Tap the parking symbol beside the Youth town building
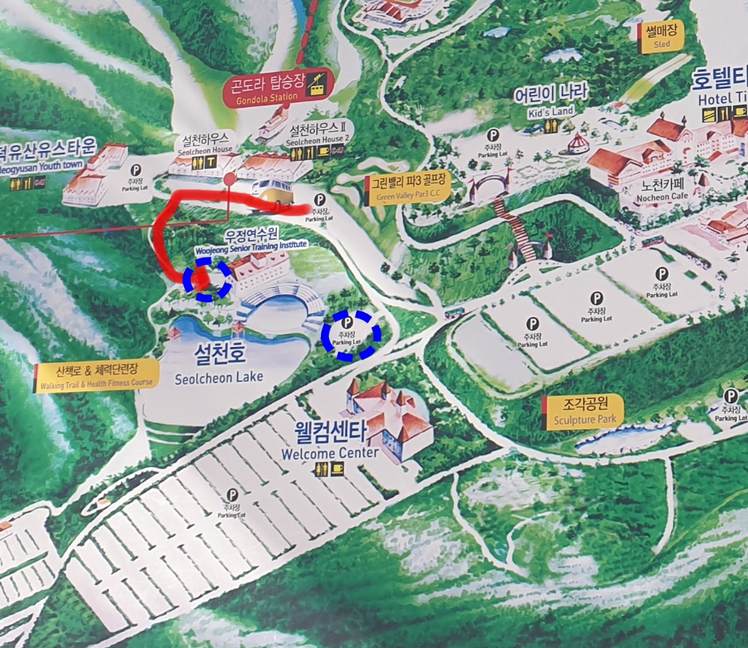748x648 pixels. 135,171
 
